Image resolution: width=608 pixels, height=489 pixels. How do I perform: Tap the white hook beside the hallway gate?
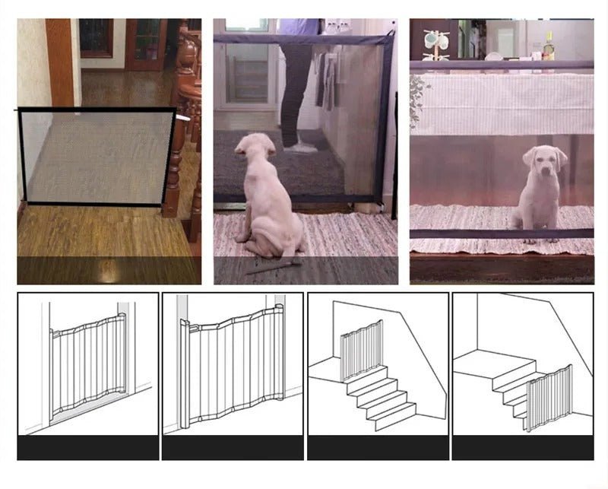coord(183,119)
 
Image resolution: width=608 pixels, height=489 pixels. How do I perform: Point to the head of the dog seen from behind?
coord(255,149)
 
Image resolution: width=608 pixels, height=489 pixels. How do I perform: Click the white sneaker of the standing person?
coord(301,146)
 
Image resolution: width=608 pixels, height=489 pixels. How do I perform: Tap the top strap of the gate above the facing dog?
coord(502,65)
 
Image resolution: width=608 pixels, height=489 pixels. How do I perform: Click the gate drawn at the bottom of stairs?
coord(550,397)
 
